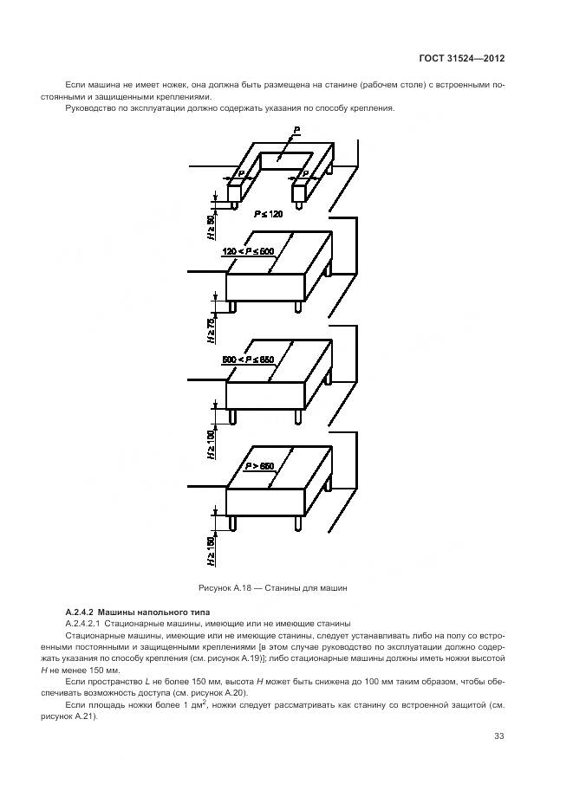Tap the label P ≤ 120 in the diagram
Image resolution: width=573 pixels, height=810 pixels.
pos(269,212)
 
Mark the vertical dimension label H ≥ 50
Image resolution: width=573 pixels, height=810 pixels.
pos(211,226)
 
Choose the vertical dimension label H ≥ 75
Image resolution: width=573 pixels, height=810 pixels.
pos(211,333)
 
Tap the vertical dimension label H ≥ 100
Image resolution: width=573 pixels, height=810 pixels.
pos(211,442)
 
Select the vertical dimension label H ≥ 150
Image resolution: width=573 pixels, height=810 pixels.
pos(211,549)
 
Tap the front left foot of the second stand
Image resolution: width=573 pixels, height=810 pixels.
pos(232,306)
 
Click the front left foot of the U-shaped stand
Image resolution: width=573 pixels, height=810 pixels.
pos(232,204)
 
